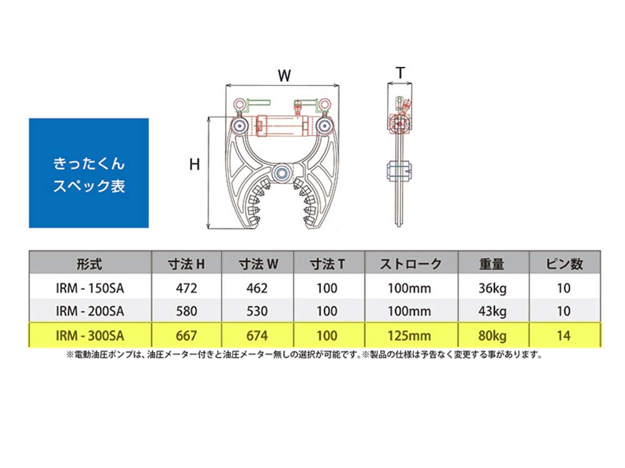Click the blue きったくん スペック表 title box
[89, 173]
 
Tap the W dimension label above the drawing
[284, 76]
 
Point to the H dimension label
[194, 164]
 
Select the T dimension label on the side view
[401, 73]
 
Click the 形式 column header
[89, 264]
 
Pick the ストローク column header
[411, 264]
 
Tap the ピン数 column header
[564, 264]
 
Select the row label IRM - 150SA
[90, 288]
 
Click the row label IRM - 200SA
[90, 311]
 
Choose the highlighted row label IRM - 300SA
[90, 336]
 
